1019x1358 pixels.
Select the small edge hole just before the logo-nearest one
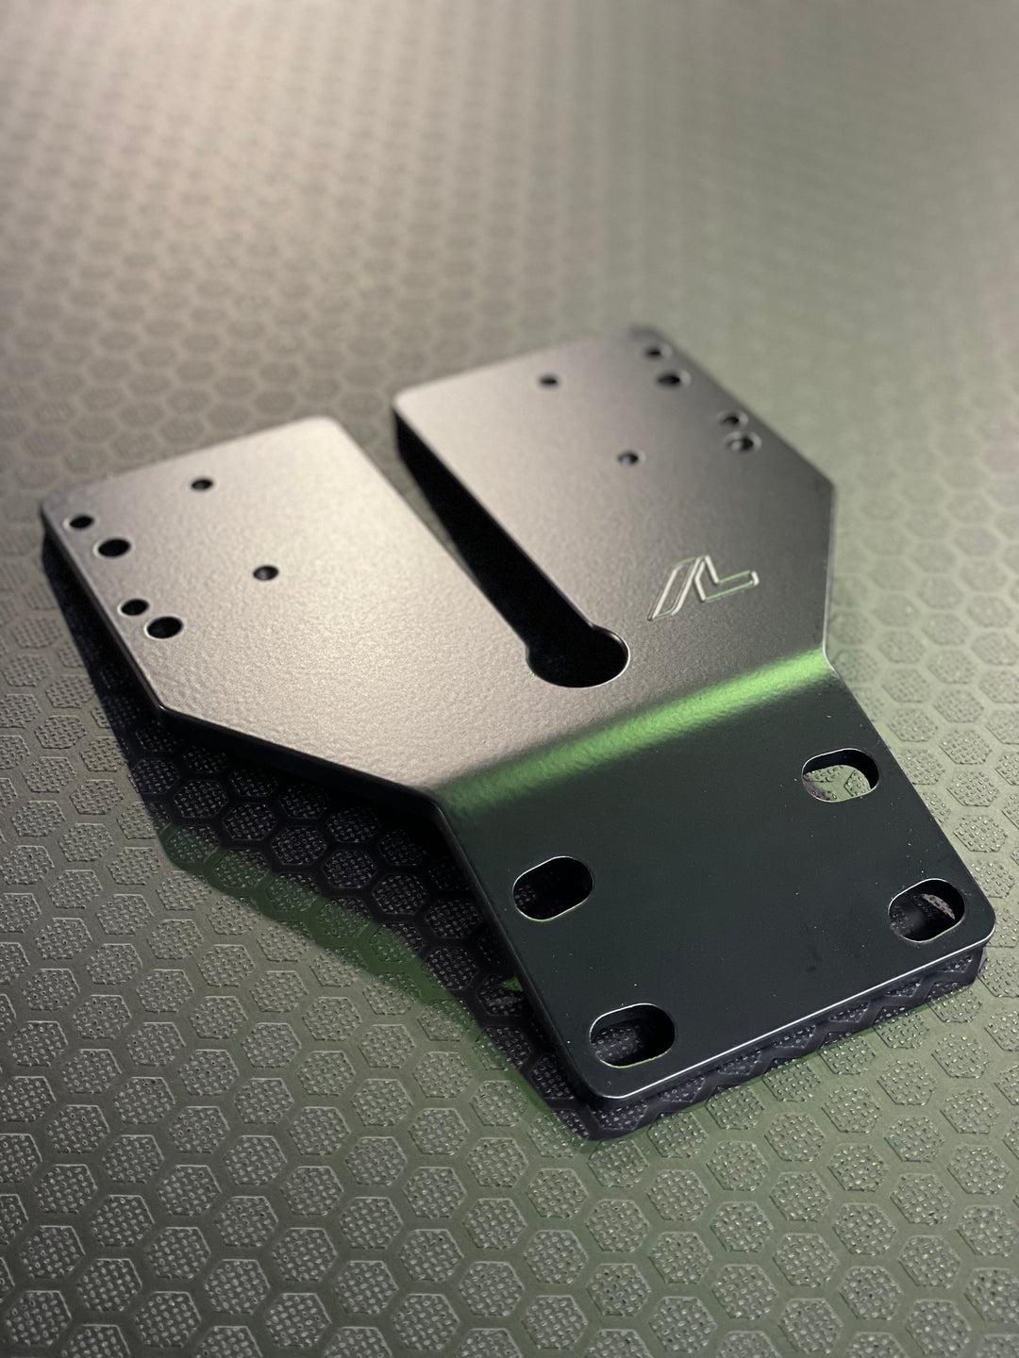pyautogui.click(x=730, y=416)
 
